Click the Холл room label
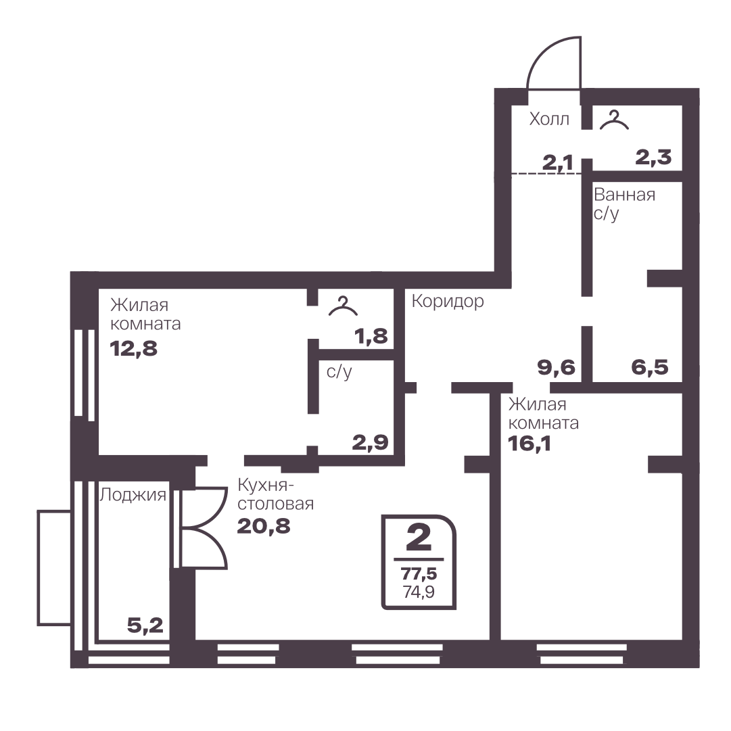click(x=549, y=119)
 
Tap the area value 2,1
click(x=558, y=163)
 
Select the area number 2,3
click(x=654, y=158)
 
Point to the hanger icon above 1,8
click(x=343, y=306)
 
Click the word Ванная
click(x=625, y=194)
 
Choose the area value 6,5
click(x=650, y=367)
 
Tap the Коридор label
click(x=448, y=302)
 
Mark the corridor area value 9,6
click(x=557, y=367)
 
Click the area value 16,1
click(x=529, y=444)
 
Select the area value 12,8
click(x=134, y=348)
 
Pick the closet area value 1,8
click(x=371, y=336)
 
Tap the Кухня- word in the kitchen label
click(x=266, y=486)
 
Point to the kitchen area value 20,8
click(x=264, y=526)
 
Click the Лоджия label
click(x=133, y=494)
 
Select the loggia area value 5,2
click(x=145, y=626)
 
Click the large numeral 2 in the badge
click(x=419, y=538)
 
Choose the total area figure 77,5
click(x=419, y=573)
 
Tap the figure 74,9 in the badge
click(x=419, y=592)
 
